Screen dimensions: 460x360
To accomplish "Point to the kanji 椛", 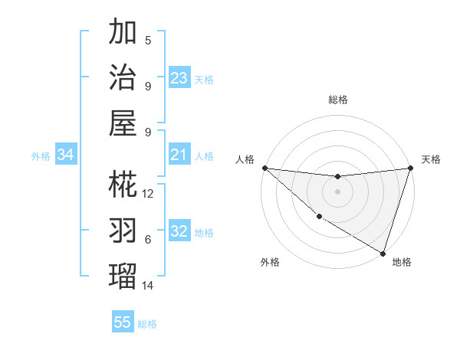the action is point(123,185).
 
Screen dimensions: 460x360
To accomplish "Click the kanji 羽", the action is point(123,230).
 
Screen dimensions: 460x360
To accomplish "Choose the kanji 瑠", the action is point(123,275).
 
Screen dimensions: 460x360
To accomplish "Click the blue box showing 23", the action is point(179,78).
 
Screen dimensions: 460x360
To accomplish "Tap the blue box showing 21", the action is point(179,155).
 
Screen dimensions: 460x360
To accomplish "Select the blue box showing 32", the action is point(179,232).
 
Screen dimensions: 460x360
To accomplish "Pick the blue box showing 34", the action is point(65,155).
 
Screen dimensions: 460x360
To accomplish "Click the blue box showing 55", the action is point(123,322).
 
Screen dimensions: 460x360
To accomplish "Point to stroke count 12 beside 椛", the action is point(149,194).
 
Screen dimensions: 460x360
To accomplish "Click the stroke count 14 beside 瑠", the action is point(149,285).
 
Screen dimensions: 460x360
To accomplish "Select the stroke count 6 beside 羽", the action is point(148,240).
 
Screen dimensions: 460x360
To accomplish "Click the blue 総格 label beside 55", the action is point(148,324).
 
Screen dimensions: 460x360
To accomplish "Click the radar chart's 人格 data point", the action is point(264,168).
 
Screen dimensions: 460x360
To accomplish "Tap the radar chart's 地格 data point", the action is point(383,253).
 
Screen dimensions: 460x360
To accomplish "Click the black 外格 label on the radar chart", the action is point(270,262).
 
